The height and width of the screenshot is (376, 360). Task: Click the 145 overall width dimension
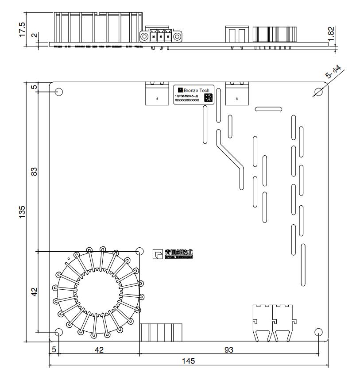pos(188,361)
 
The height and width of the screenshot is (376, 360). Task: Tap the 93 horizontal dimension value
pos(228,350)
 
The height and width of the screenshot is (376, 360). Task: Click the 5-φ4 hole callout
pos(333,72)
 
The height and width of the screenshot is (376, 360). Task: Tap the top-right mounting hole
pos(318,92)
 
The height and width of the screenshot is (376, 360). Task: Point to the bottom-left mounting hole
pos(58,332)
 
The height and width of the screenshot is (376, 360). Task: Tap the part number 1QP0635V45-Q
pos(186,96)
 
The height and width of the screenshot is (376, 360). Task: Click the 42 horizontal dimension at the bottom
pos(99,350)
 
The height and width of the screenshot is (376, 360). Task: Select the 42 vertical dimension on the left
pos(33,292)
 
